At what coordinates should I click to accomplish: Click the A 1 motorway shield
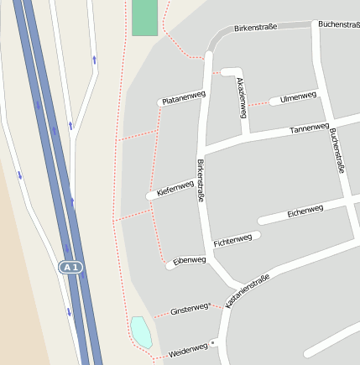(71, 268)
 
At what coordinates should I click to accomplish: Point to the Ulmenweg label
(299, 96)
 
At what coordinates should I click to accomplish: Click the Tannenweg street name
(309, 129)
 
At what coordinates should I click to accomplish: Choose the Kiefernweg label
(175, 189)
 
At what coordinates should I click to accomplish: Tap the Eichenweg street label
(305, 211)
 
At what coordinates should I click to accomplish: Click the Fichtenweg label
(232, 240)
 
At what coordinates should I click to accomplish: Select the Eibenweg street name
(189, 261)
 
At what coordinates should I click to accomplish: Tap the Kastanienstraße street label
(248, 290)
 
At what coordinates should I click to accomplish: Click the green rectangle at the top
(144, 17)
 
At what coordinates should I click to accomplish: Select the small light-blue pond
(141, 331)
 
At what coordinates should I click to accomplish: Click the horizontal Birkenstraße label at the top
(255, 28)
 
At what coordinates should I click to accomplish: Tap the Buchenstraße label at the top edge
(340, 25)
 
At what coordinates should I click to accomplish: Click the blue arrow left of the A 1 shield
(19, 175)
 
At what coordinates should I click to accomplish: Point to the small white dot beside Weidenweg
(213, 343)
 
